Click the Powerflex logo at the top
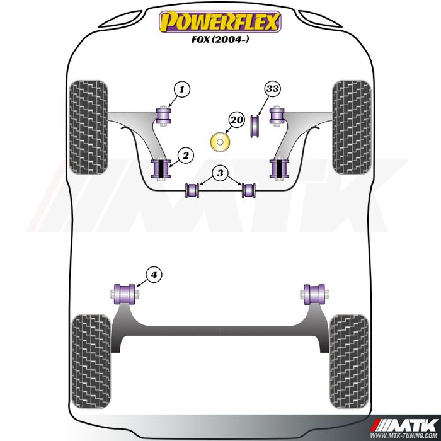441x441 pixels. (220, 21)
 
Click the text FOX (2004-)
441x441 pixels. (220, 40)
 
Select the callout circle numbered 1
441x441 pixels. (182, 89)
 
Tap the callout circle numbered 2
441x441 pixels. (186, 155)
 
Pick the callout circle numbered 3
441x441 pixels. (220, 173)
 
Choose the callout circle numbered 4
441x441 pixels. (154, 274)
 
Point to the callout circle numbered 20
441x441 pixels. (237, 120)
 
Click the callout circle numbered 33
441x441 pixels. (273, 89)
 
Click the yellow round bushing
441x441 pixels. (220, 142)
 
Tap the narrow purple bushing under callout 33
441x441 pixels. (255, 126)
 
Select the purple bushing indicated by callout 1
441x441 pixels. (163, 115)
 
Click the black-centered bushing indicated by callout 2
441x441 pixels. (161, 168)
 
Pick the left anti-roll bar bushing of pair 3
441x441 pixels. (192, 190)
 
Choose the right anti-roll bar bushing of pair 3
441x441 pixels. (249, 190)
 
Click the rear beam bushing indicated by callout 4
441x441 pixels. (125, 294)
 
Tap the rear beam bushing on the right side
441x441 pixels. (315, 294)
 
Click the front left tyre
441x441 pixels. (89, 127)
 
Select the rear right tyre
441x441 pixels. (349, 362)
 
